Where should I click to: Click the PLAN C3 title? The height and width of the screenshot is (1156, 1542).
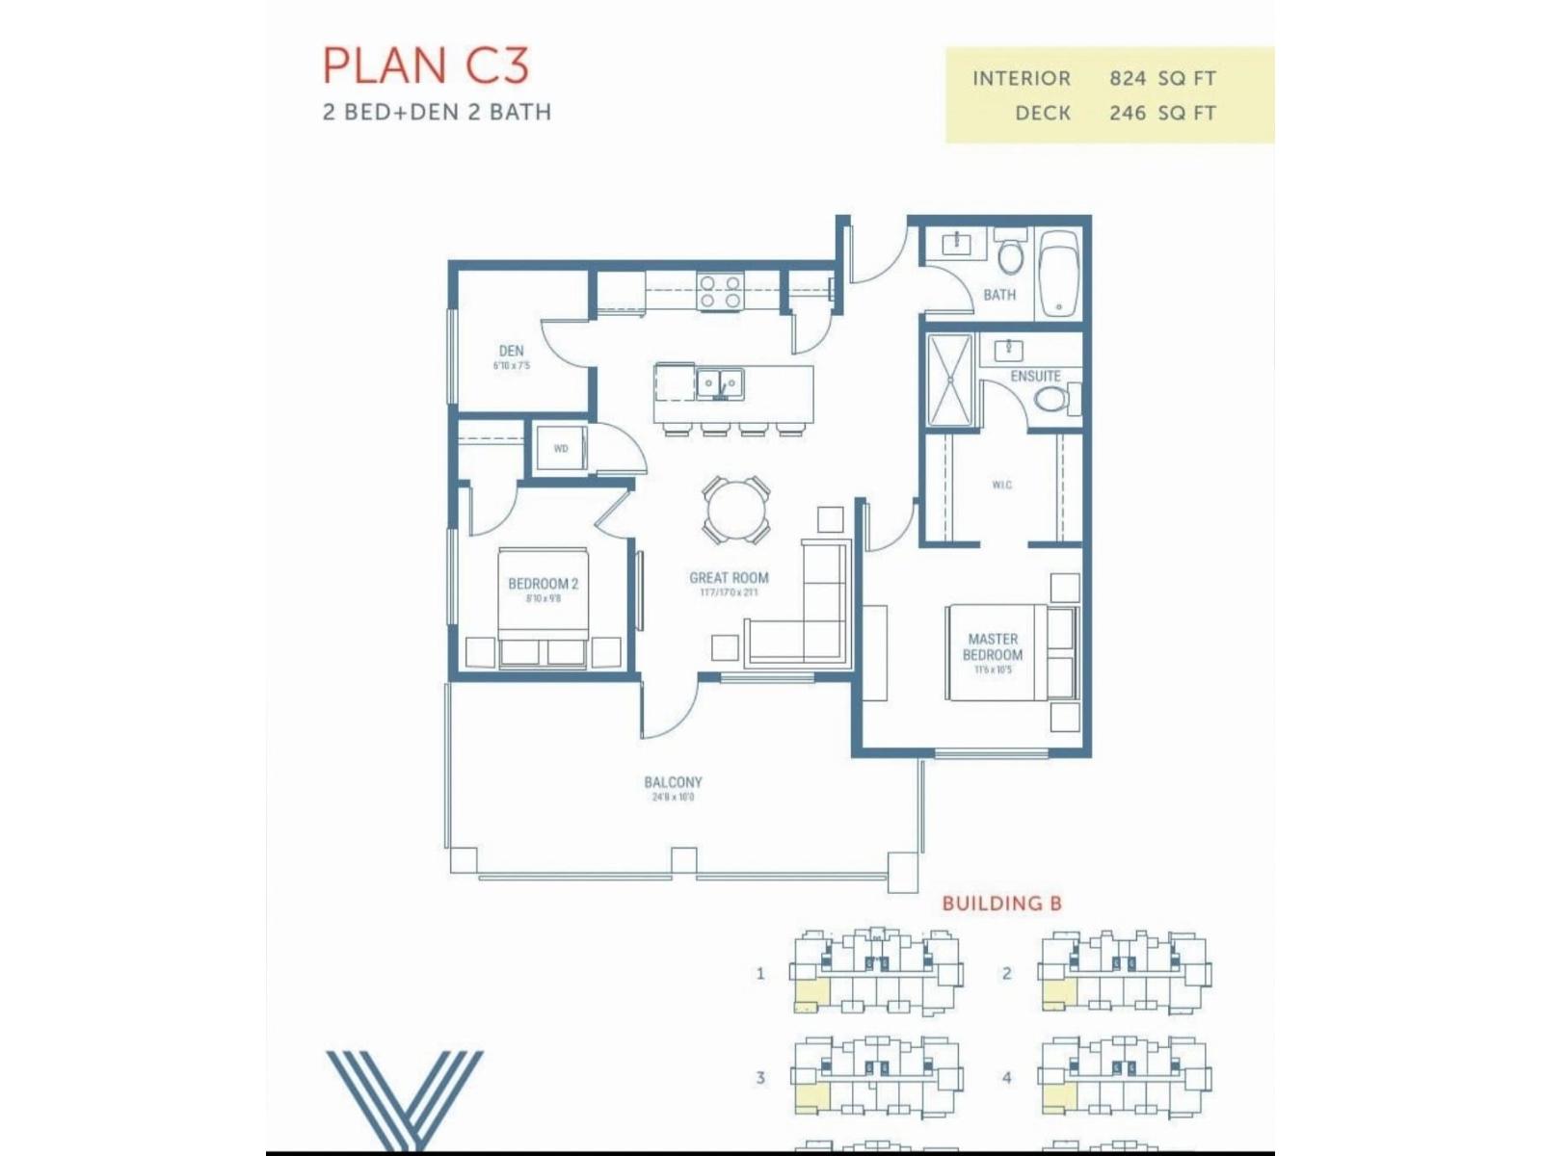click(425, 66)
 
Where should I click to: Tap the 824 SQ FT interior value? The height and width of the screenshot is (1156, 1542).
click(1162, 78)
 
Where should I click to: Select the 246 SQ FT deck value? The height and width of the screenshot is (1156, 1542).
click(1162, 113)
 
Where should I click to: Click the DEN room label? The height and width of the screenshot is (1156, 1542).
click(511, 352)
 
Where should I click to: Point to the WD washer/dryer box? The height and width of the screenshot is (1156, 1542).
click(561, 449)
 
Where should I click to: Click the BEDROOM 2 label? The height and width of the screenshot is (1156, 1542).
click(543, 584)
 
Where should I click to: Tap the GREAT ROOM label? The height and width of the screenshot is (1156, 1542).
click(729, 578)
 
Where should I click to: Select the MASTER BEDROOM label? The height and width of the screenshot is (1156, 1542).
click(993, 646)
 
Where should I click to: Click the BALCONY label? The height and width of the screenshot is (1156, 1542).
click(673, 783)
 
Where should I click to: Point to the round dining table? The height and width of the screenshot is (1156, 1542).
click(736, 510)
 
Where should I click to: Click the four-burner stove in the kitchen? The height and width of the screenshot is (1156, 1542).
click(721, 292)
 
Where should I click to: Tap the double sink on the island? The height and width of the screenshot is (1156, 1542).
click(720, 384)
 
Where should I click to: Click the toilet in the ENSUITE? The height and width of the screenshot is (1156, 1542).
click(1051, 398)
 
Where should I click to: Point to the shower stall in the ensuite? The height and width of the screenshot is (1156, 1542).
click(950, 380)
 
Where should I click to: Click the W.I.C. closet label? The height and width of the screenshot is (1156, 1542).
click(1001, 485)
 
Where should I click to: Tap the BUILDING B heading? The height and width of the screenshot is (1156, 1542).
click(1001, 904)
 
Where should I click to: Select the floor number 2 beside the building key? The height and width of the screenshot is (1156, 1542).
click(1006, 974)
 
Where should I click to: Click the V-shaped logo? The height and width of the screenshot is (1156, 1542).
click(405, 1099)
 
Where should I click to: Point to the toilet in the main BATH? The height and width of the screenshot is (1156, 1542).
click(1010, 256)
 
